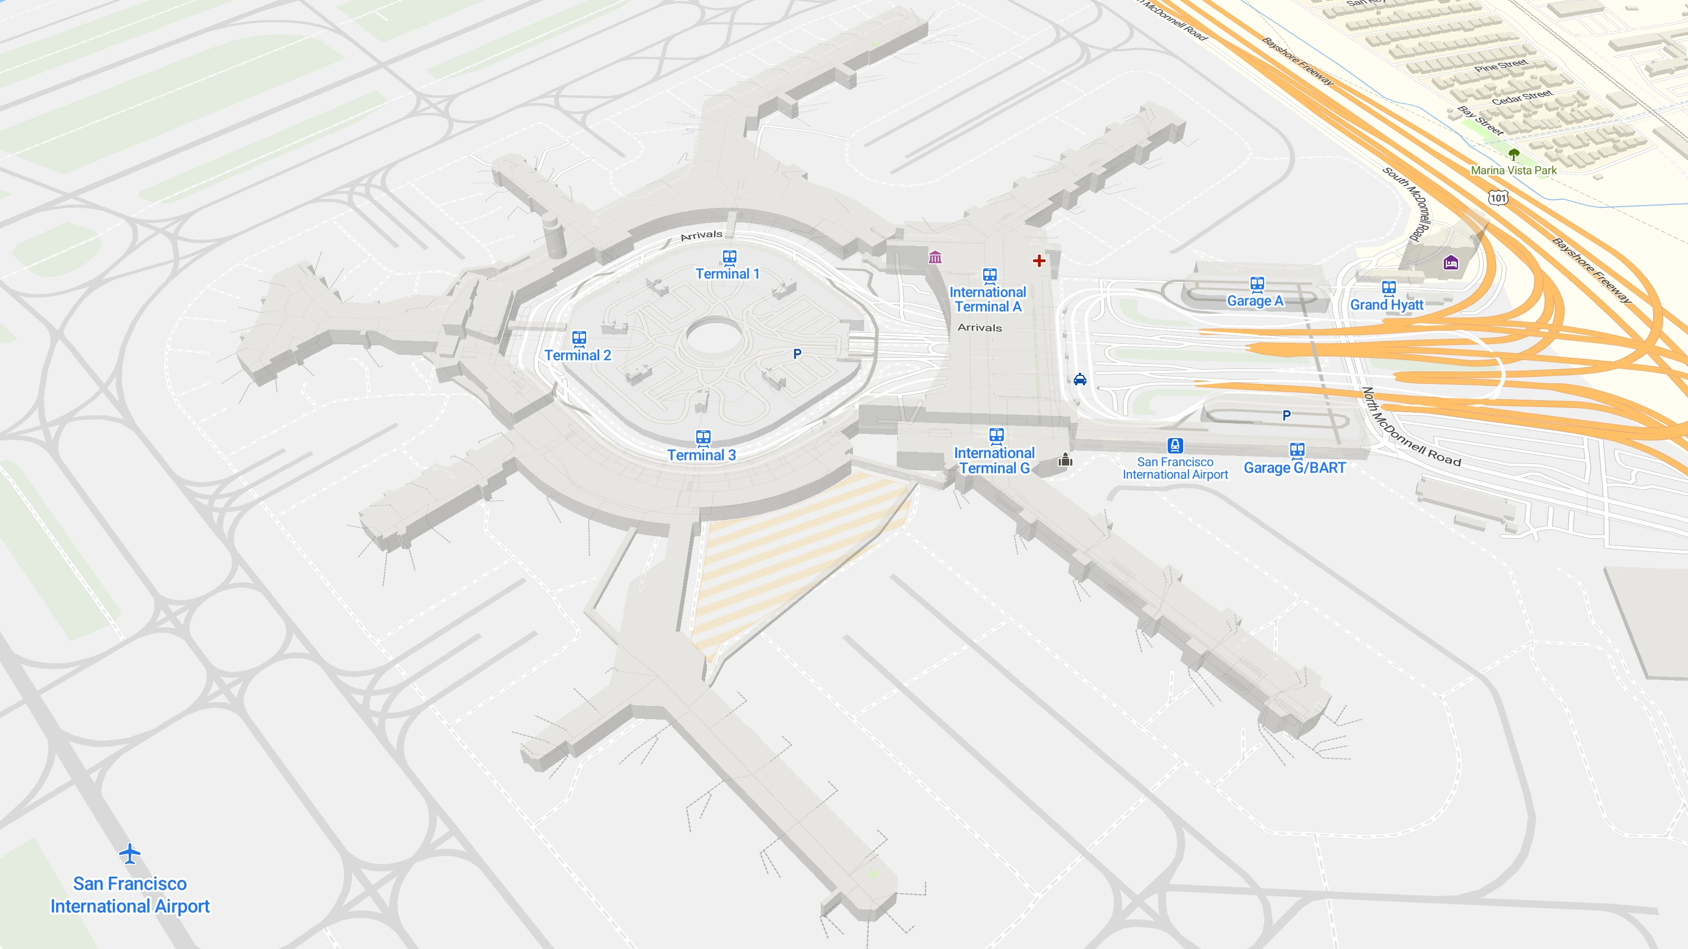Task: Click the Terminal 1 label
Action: coord(727,274)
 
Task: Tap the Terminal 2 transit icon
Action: coord(579,338)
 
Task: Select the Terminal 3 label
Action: coord(701,455)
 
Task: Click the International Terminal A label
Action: coord(987,299)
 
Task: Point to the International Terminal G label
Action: coord(994,460)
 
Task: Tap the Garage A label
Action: coord(1255,301)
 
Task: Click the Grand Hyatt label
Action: coord(1387,305)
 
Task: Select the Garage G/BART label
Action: coord(1295,468)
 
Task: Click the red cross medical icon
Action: coord(1039,260)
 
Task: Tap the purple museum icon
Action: coord(935,257)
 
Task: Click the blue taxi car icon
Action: coord(1080,379)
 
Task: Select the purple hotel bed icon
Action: coord(1451,263)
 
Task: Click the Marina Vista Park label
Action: coord(1514,170)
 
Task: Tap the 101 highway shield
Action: coord(1498,198)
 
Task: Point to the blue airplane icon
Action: coord(130,854)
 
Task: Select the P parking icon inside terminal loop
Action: coord(797,354)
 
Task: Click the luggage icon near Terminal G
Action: coord(1066,460)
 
